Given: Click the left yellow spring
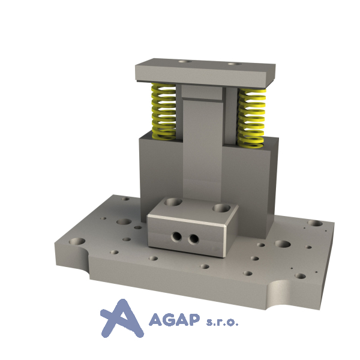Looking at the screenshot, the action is point(163,112).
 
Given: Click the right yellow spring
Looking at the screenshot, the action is point(252,118).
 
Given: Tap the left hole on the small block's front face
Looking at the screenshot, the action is point(177,236).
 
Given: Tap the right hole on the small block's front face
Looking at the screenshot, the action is point(193,239).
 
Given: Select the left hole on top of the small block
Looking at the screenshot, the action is point(173,202).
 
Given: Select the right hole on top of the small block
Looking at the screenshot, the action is point(221,208).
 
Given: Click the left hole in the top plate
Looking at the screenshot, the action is point(185,62).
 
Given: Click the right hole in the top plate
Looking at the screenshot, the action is point(234,64).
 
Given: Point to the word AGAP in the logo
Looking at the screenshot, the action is point(174,320).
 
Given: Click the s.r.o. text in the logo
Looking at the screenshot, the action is point(222,322).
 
